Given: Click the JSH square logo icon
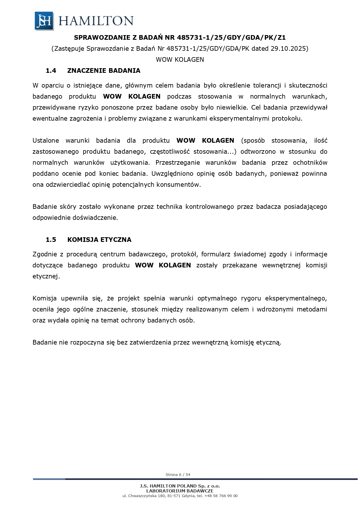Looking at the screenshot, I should (44, 21).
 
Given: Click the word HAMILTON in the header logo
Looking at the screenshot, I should (96, 21).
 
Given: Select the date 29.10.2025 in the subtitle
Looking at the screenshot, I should (288, 48).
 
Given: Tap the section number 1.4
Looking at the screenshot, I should (51, 70).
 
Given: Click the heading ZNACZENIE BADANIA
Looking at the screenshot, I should (104, 70).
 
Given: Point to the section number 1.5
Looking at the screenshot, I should (51, 240).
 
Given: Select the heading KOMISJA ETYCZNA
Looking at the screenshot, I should (99, 240).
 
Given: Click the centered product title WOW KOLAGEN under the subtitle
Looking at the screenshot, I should (180, 59).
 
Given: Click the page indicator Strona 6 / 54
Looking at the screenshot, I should (178, 474).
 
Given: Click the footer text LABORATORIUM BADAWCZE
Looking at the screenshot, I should (180, 491).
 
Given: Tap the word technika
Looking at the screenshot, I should (169, 207).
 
